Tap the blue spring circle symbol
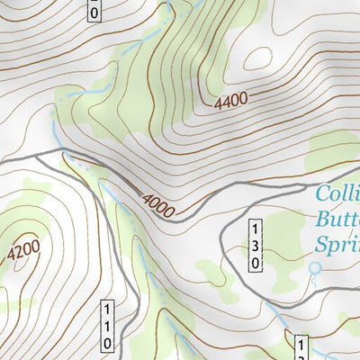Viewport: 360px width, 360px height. coord(314,267)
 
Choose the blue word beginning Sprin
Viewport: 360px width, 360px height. coord(337,244)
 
